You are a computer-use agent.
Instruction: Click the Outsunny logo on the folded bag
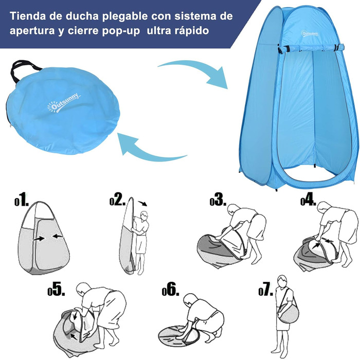click(x=64, y=103)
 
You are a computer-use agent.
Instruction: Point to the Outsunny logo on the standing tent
click(x=310, y=33)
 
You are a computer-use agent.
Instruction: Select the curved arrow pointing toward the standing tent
click(x=195, y=73)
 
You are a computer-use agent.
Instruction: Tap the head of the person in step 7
click(x=283, y=281)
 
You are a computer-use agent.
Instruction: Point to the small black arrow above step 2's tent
click(x=142, y=204)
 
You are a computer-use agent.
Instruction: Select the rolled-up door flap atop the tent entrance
click(x=311, y=49)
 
